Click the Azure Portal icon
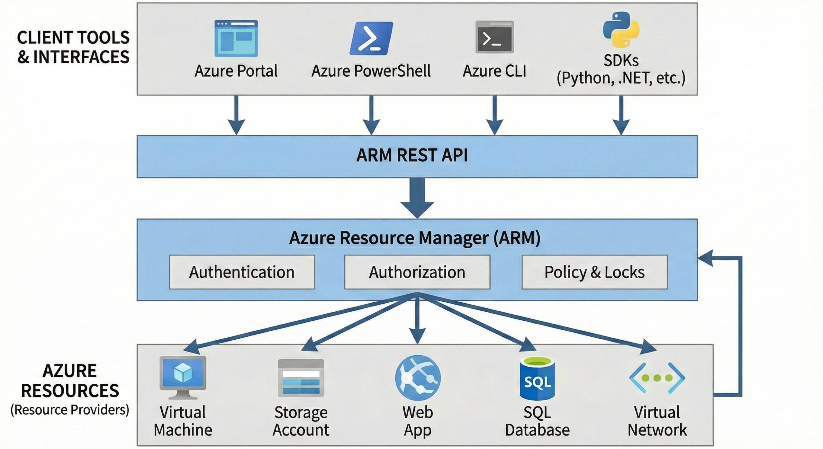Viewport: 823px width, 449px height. click(236, 39)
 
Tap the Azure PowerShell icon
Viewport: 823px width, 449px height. click(371, 39)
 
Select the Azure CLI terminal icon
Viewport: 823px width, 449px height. click(494, 37)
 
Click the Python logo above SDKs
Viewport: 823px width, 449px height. click(621, 30)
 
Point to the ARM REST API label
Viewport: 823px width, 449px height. click(412, 155)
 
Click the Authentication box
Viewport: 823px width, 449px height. click(242, 272)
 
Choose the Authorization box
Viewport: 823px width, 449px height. click(417, 272)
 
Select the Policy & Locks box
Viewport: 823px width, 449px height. click(594, 272)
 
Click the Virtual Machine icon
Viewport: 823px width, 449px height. click(183, 377)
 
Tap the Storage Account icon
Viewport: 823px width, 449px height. click(301, 378)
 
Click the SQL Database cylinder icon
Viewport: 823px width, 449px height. click(537, 379)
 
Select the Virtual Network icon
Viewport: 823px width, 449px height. click(657, 378)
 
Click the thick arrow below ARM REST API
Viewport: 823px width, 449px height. click(417, 198)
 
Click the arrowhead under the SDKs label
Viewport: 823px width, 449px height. click(621, 127)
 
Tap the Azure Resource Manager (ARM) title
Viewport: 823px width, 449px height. click(415, 238)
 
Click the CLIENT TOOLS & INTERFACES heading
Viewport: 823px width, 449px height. click(73, 47)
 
